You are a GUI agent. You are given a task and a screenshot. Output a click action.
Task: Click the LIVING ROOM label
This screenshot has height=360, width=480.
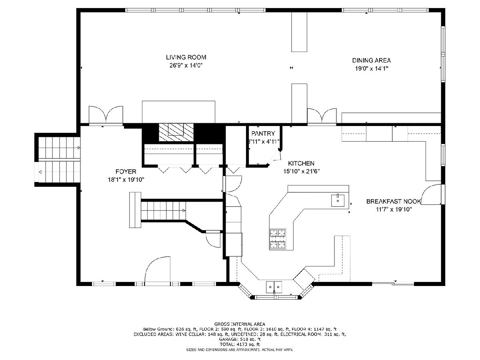pyautogui.click(x=186, y=57)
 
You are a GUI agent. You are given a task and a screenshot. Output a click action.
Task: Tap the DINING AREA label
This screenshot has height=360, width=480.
pyautogui.click(x=371, y=60)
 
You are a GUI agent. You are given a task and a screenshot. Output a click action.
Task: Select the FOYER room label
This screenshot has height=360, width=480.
pyautogui.click(x=126, y=172)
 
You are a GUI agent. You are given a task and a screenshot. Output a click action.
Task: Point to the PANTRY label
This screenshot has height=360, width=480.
pyautogui.click(x=263, y=134)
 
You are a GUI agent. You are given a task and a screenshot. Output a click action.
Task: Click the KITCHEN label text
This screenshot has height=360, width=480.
pyautogui.click(x=301, y=163)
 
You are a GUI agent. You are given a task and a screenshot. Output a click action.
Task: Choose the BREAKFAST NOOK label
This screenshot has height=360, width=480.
pyautogui.click(x=394, y=201)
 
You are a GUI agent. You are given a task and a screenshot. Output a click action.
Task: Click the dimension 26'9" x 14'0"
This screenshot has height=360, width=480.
pyautogui.click(x=186, y=65)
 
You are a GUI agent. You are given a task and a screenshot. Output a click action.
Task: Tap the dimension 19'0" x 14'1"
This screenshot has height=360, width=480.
pyautogui.click(x=372, y=68)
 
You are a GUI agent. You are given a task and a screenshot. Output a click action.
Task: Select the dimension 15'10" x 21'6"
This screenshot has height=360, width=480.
pyautogui.click(x=302, y=171)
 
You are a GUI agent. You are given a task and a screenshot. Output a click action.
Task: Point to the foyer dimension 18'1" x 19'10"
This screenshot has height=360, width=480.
pyautogui.click(x=126, y=180)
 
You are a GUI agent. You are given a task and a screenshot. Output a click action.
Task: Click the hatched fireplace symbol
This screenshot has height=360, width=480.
pyautogui.click(x=176, y=132)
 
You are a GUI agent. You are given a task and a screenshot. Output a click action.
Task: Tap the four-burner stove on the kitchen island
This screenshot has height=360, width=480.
pyautogui.click(x=278, y=239)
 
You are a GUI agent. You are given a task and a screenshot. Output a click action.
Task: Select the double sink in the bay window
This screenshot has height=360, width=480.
pyautogui.click(x=274, y=287)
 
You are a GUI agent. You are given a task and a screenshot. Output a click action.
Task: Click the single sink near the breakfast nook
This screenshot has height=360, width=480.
pyautogui.click(x=338, y=200)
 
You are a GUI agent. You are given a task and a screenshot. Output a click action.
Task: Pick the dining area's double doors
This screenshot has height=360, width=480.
pyautogui.click(x=322, y=116)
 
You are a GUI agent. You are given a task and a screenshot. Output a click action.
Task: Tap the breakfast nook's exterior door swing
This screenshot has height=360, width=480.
pyautogui.click(x=431, y=194)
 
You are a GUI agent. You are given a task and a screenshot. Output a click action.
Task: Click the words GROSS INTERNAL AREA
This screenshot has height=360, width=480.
pyautogui.click(x=240, y=324)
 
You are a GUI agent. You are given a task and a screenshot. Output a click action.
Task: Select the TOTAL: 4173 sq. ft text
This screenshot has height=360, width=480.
pyautogui.click(x=240, y=344)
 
